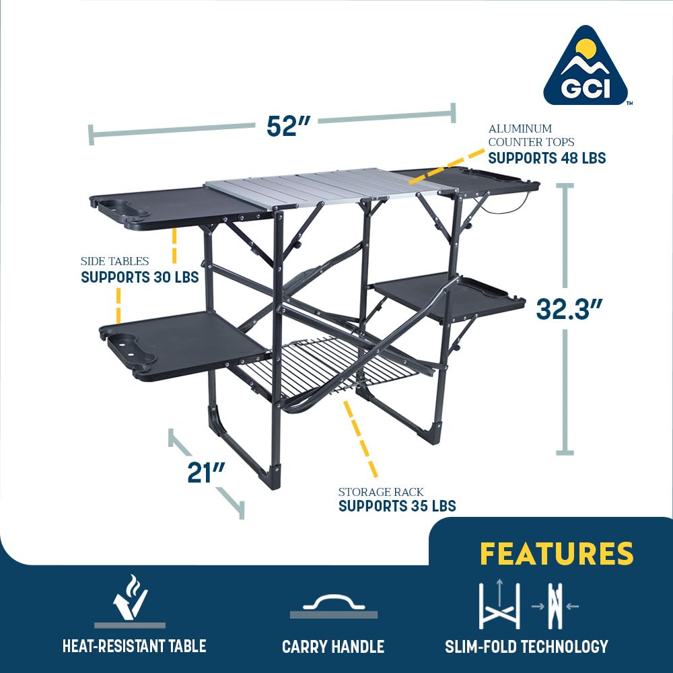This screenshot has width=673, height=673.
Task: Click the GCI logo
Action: (x=585, y=67)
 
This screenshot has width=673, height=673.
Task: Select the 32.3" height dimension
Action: (x=569, y=309)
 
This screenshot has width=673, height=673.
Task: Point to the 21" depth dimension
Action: (x=205, y=472)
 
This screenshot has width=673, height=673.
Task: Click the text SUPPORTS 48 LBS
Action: (x=546, y=158)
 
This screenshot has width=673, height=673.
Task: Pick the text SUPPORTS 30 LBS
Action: (x=139, y=277)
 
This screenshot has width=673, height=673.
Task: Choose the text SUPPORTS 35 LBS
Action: (x=397, y=506)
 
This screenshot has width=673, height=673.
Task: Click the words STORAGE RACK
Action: (x=381, y=492)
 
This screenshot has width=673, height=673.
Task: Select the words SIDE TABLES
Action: (x=114, y=261)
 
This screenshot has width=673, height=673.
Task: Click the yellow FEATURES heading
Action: (x=557, y=553)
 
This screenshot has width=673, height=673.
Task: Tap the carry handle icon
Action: (x=333, y=606)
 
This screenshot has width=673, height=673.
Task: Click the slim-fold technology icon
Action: (x=527, y=605)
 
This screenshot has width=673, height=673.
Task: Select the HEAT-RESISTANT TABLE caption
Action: (x=134, y=647)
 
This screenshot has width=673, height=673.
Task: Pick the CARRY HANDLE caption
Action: (x=333, y=647)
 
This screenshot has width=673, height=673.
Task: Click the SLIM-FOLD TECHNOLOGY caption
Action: (x=526, y=647)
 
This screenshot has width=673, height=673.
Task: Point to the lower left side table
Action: (x=182, y=343)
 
